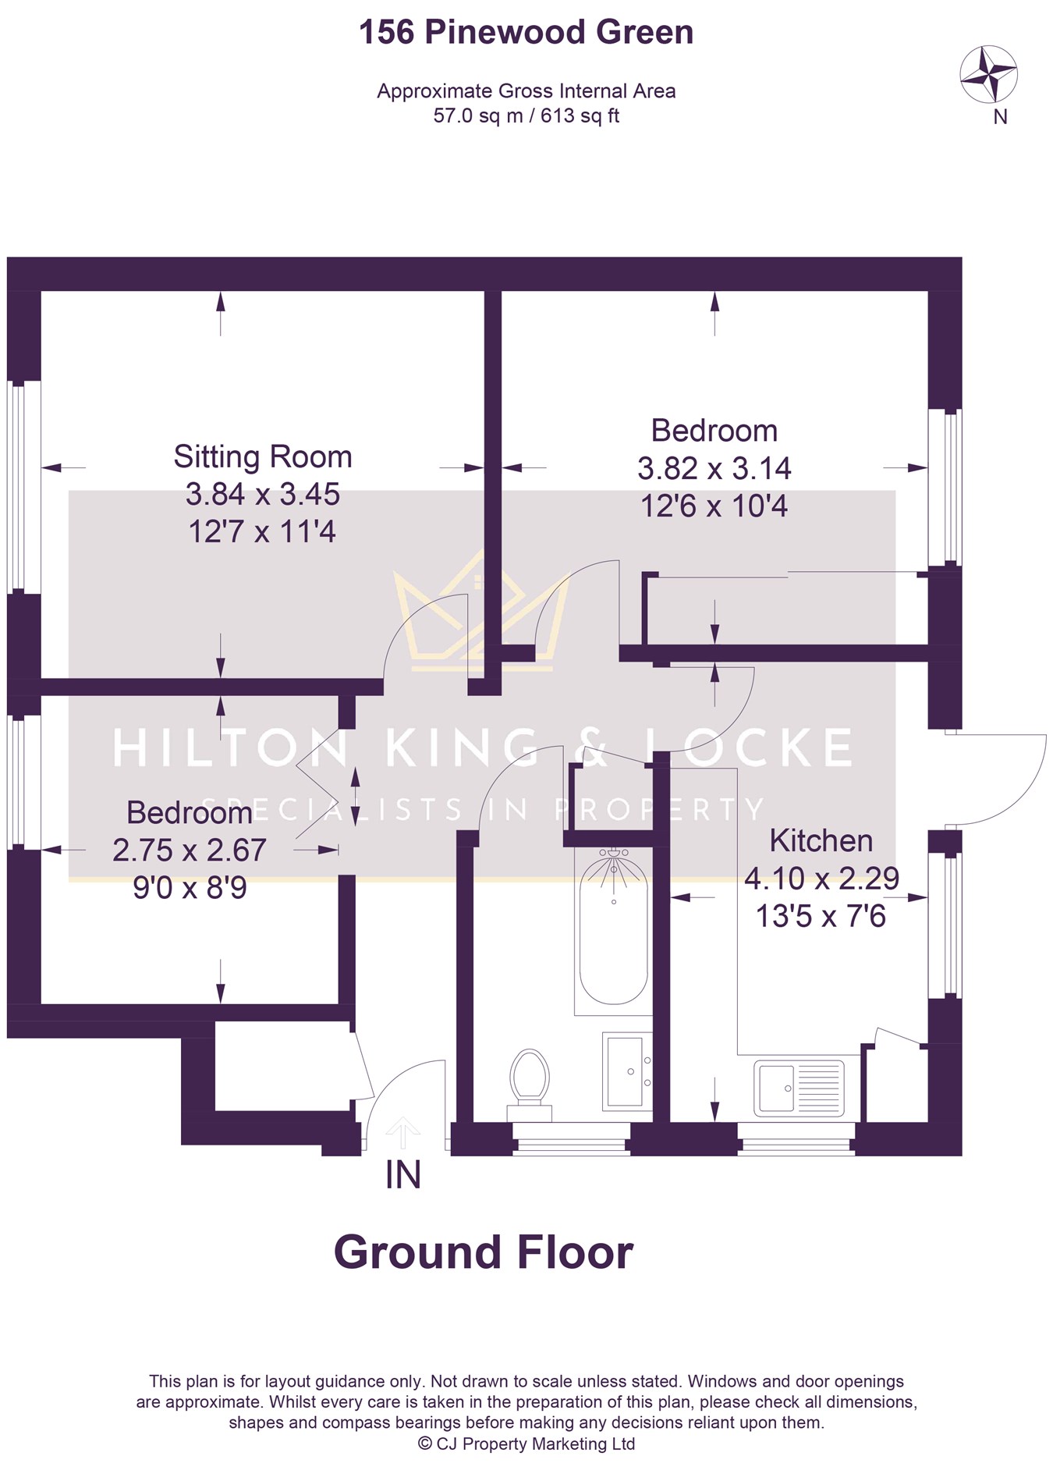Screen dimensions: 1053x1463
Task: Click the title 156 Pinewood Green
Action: [x=526, y=33]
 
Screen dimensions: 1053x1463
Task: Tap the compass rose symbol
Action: [x=988, y=75]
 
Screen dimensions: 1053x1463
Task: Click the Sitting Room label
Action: [x=263, y=456]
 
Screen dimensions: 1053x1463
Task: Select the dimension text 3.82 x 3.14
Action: [x=714, y=468]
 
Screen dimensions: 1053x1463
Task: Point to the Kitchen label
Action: [x=821, y=840]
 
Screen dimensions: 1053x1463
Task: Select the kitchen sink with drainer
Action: [x=799, y=1088]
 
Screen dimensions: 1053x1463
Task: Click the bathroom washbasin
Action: [x=627, y=1071]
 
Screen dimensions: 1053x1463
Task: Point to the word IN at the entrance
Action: [x=403, y=1175]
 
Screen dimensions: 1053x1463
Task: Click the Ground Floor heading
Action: [x=484, y=1253]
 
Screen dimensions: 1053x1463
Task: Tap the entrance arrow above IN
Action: [x=402, y=1132]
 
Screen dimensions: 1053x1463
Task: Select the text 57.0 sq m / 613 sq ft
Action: [x=526, y=115]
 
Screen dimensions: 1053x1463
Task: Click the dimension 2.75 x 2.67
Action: [x=190, y=850]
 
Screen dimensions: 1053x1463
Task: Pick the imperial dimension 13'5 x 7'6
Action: [x=821, y=915]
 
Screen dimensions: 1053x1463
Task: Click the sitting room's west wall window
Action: [x=23, y=487]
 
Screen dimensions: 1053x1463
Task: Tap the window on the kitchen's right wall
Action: [x=945, y=926]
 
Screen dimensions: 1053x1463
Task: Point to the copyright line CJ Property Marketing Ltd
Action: [x=526, y=1443]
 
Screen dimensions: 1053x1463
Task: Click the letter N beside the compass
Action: [x=1000, y=116]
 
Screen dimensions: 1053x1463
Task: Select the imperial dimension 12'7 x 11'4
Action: [x=262, y=531]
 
